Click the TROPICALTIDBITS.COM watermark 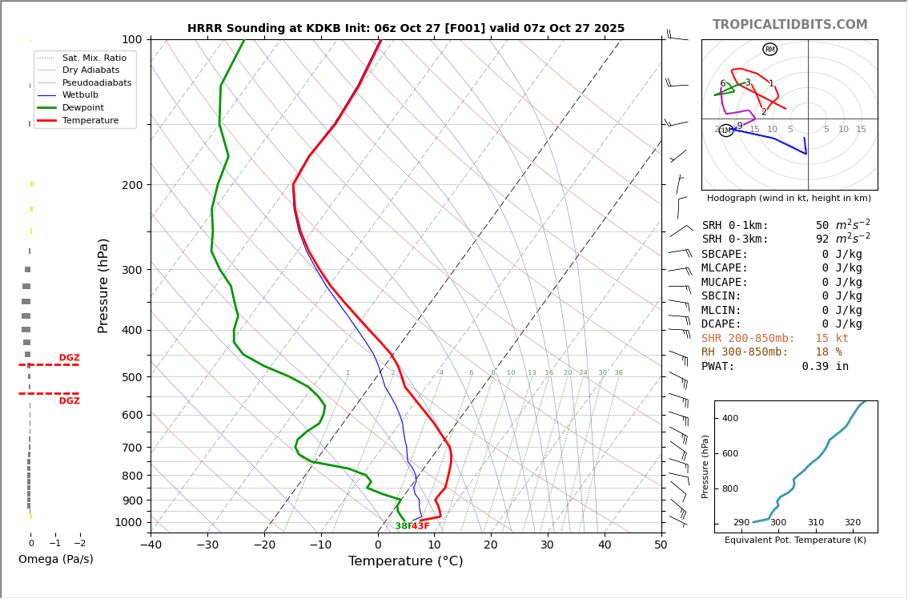click(x=789, y=25)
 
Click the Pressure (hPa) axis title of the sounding click(x=103, y=285)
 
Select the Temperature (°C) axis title click(x=405, y=561)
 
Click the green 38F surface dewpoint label click(x=403, y=526)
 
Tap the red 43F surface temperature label click(x=421, y=526)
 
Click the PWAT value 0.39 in click(x=825, y=367)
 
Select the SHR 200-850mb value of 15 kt click(x=832, y=339)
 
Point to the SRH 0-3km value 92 click(x=822, y=239)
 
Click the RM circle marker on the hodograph click(x=769, y=50)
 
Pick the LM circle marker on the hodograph click(x=725, y=131)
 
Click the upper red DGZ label click(x=69, y=358)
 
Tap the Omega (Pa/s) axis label click(x=55, y=560)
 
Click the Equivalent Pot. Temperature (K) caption click(x=795, y=541)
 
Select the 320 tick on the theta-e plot click(x=852, y=523)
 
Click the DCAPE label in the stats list click(x=721, y=324)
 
